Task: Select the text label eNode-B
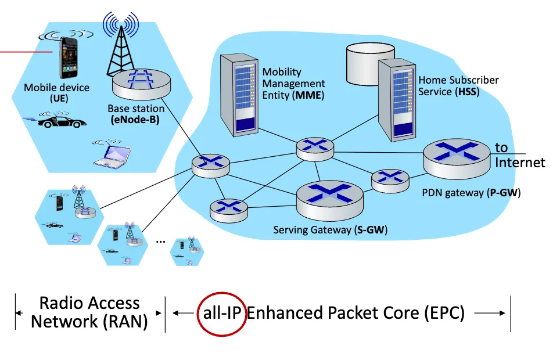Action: (x=135, y=120)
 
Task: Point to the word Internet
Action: (x=520, y=163)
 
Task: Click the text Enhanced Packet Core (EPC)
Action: (x=356, y=314)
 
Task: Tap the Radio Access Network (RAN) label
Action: (x=89, y=312)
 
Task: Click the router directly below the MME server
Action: (x=315, y=149)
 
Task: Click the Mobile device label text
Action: (x=57, y=88)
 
